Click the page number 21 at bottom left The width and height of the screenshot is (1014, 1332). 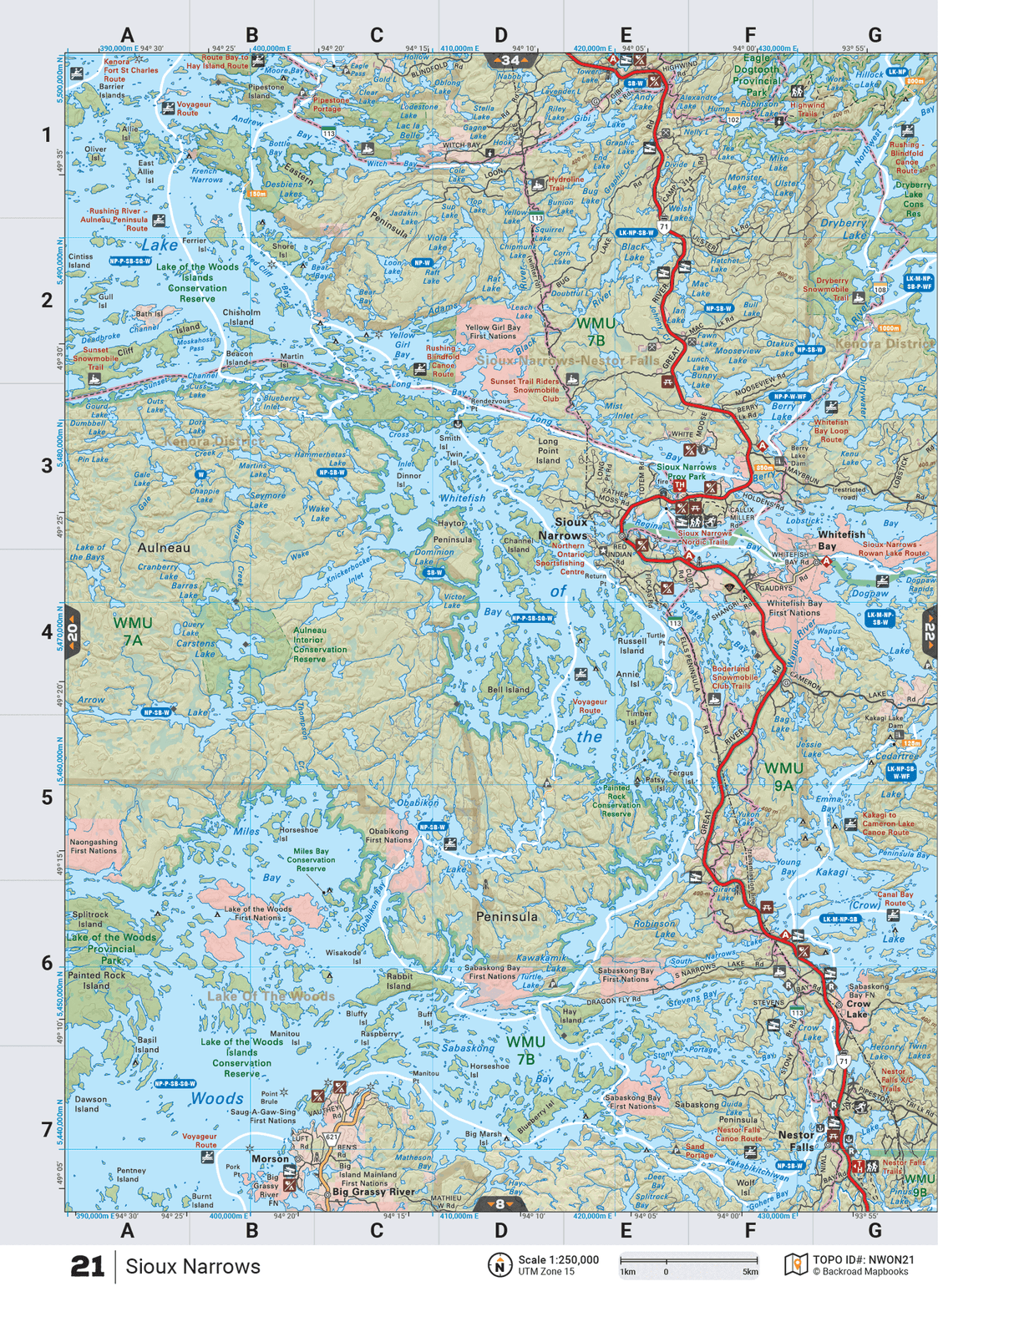[87, 1267]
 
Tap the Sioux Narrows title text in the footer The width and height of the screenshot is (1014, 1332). [193, 1267]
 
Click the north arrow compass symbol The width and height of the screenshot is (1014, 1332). [499, 1265]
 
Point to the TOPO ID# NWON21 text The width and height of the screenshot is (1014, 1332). [864, 1260]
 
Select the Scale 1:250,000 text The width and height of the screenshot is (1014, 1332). [558, 1260]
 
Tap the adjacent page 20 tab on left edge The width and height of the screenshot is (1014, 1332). [73, 632]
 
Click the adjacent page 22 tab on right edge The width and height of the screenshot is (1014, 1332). [929, 632]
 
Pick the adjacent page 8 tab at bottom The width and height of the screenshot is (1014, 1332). [499, 1204]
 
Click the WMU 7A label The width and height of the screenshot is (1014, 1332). [133, 631]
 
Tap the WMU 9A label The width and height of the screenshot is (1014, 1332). [783, 776]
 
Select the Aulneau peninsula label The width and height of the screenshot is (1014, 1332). [164, 548]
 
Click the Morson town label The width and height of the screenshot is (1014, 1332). [270, 1159]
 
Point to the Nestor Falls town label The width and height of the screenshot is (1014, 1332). [796, 1141]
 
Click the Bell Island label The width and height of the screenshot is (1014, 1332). [508, 690]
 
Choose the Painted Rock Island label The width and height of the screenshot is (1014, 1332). [96, 980]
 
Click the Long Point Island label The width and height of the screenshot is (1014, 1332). [548, 450]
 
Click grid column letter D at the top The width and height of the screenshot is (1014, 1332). [500, 35]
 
